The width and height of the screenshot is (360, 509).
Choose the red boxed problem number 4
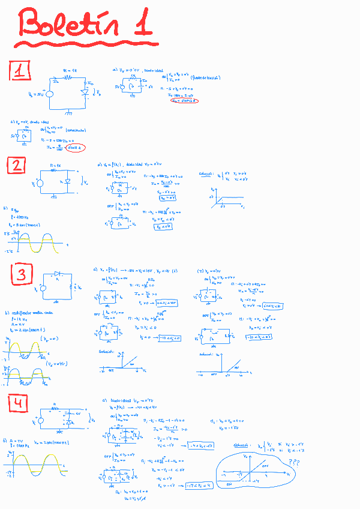[x=18, y=404]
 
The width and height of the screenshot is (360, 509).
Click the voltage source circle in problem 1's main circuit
[x=50, y=93]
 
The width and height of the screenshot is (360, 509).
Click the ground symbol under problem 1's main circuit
[x=70, y=112]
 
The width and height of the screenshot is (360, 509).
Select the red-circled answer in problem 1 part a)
[x=183, y=100]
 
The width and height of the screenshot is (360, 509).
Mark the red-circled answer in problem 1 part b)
[x=75, y=148]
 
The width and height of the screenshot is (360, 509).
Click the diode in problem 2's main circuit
[x=67, y=179]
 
